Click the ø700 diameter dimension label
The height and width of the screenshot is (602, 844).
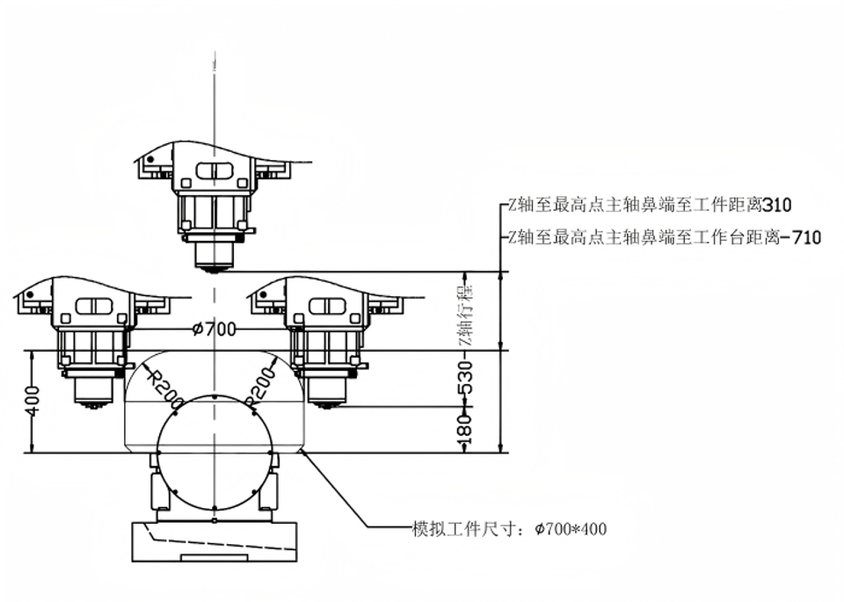[215, 330]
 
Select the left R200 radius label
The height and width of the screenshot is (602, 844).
[164, 386]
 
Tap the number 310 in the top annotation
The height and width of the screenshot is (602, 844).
[777, 207]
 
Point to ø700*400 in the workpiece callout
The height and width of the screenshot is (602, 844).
[571, 529]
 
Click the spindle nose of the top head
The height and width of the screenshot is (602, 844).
[213, 260]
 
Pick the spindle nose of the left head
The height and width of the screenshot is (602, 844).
[91, 395]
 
